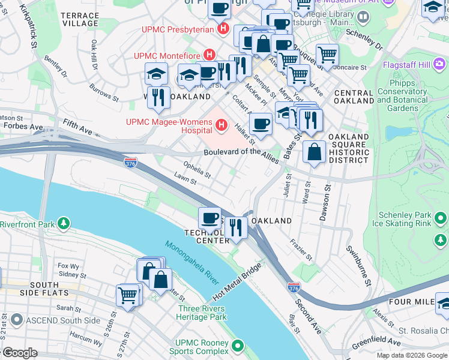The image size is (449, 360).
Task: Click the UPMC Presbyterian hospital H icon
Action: click(x=224, y=28)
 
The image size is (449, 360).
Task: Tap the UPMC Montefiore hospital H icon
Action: click(x=209, y=55)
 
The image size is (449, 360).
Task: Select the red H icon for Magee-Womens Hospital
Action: click(x=221, y=125)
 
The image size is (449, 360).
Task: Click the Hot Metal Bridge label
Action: click(x=238, y=281)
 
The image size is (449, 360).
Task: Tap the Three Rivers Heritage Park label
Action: click(x=202, y=313)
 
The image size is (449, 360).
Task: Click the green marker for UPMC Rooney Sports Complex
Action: click(x=239, y=346)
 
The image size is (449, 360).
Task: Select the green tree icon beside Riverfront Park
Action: click(x=63, y=224)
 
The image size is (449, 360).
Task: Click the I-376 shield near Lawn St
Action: click(x=130, y=162)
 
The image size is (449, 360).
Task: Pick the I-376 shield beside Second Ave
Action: click(x=294, y=288)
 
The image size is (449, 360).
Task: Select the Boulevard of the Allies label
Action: click(x=240, y=152)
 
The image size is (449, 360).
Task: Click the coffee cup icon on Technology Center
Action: click(x=210, y=217)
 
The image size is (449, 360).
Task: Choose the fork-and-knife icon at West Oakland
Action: click(x=158, y=97)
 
